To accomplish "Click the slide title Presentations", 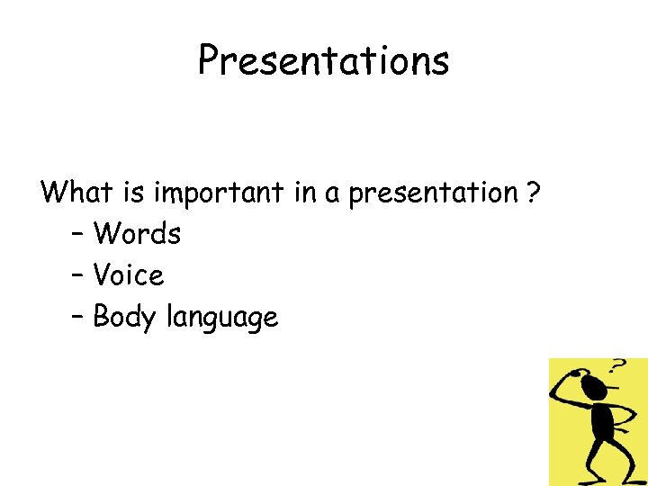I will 323,61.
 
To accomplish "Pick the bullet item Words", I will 137,234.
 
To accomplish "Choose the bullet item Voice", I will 129,275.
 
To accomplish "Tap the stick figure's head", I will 593,387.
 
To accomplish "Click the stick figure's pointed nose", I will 612,388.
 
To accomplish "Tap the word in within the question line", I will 304,192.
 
